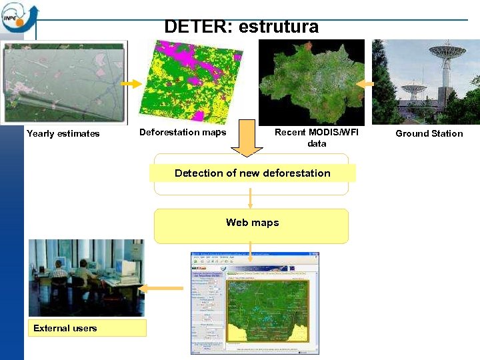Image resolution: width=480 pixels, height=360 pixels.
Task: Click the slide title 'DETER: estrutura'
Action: coord(241,27)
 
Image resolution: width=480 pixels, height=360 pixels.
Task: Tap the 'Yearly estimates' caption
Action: coord(63,133)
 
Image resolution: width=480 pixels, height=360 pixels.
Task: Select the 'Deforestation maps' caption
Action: coord(182,132)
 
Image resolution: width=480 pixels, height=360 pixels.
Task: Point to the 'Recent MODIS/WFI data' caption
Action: coord(317,137)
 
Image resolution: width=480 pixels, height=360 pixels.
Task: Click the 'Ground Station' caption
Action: coord(429,133)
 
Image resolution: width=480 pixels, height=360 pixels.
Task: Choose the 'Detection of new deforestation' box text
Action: coord(252,173)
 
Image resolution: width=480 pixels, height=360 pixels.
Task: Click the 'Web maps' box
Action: coord(251,223)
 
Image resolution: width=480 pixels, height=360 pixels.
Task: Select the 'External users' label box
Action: coord(86,328)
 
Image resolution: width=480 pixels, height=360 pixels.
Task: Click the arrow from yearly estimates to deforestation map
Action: coord(131,84)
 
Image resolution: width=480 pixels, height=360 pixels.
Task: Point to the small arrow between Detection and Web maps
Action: coord(251,198)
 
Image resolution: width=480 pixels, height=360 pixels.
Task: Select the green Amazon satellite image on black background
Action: coord(311,82)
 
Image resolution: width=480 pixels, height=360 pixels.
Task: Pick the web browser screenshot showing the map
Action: coord(255,303)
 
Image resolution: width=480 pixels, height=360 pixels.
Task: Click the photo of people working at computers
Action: coord(85,277)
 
